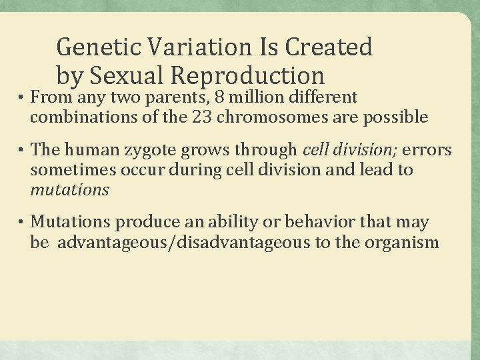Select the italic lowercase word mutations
tap(69, 190)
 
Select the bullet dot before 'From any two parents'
tap(21, 98)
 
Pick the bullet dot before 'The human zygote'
tap(21, 150)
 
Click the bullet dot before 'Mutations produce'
tap(21, 223)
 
